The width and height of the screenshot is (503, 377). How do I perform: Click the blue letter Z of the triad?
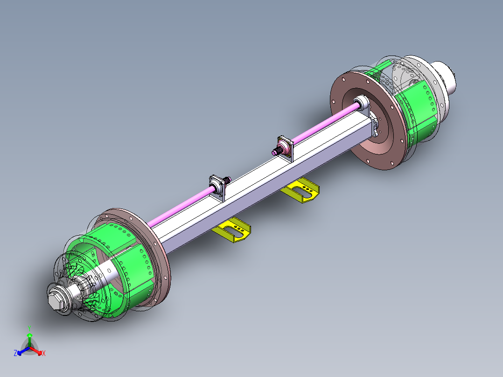coord(15,354)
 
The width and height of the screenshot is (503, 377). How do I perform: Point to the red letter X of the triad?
coord(44,354)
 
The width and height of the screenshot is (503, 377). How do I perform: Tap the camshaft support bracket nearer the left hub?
coord(218,187)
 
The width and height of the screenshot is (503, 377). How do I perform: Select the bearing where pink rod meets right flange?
coord(361,102)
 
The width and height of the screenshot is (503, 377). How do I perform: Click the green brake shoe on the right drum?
coord(418,112)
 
